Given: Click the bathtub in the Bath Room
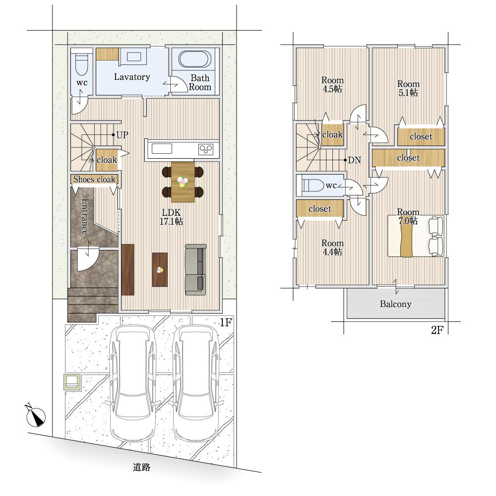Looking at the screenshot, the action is click(x=195, y=59).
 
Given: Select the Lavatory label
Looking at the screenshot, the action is click(x=132, y=77).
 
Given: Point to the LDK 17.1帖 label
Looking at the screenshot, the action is click(x=171, y=217).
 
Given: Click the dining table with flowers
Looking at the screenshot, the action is click(x=183, y=182).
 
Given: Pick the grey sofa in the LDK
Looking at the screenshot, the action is click(x=195, y=269).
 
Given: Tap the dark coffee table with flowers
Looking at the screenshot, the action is click(x=160, y=269).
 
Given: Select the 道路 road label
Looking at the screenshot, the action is click(x=141, y=467).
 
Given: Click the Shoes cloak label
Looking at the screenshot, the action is click(x=94, y=180).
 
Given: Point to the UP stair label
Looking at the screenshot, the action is click(x=122, y=135).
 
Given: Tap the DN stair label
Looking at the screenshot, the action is click(x=354, y=160).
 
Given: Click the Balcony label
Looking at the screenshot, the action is click(x=395, y=304).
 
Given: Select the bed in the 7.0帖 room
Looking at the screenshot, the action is click(x=416, y=236).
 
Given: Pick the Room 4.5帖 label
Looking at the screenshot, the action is click(x=332, y=84).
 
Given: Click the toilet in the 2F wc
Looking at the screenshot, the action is click(x=312, y=185).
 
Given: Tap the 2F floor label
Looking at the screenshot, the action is click(x=437, y=330).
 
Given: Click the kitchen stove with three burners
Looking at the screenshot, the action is click(x=206, y=149).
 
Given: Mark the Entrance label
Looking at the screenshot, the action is click(x=85, y=217).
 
